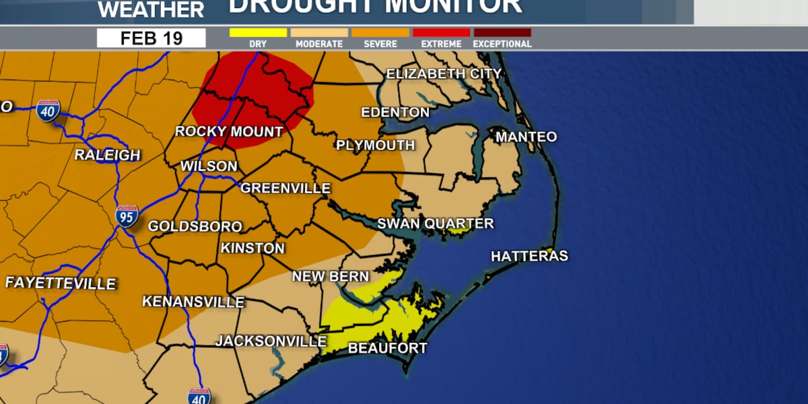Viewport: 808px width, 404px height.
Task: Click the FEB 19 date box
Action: [151, 38]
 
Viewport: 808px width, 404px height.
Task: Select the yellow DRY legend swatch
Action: [258, 32]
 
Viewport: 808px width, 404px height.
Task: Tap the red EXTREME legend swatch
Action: [441, 32]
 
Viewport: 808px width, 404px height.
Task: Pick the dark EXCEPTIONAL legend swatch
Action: [502, 32]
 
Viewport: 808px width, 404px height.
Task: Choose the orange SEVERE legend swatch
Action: [380, 32]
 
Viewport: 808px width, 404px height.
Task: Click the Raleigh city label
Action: [107, 155]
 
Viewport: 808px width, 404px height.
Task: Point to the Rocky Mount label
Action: [228, 131]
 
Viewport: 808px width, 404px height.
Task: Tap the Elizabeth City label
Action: [444, 73]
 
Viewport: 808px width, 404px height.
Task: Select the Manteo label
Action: [526, 137]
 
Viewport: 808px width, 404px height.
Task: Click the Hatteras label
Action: [529, 256]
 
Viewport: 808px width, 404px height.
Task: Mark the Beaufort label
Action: [387, 348]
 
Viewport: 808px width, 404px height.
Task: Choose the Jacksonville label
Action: [271, 341]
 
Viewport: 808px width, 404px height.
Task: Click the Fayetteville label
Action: [61, 283]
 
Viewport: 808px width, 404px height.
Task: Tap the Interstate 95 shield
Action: [127, 215]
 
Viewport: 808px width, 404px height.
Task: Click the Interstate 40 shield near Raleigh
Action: [48, 110]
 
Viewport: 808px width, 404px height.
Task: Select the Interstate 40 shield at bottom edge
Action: [199, 395]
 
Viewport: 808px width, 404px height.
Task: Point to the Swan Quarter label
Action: [435, 224]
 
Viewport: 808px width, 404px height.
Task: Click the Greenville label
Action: [285, 188]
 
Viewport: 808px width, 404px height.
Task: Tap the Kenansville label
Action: [193, 302]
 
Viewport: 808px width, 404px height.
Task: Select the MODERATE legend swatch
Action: [319, 32]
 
